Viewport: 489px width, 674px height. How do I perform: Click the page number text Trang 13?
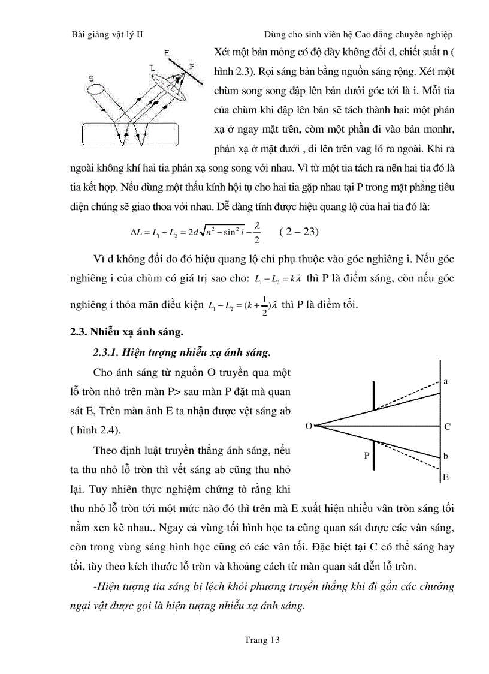click(262, 640)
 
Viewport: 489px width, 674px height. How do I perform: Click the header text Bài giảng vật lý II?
click(107, 35)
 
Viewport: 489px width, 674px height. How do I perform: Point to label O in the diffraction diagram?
click(308, 426)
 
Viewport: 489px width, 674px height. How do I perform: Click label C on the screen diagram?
click(447, 427)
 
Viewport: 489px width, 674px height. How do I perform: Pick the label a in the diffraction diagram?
click(446, 381)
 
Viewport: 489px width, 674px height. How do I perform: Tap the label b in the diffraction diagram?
click(446, 456)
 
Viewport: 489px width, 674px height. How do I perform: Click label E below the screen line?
click(446, 477)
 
